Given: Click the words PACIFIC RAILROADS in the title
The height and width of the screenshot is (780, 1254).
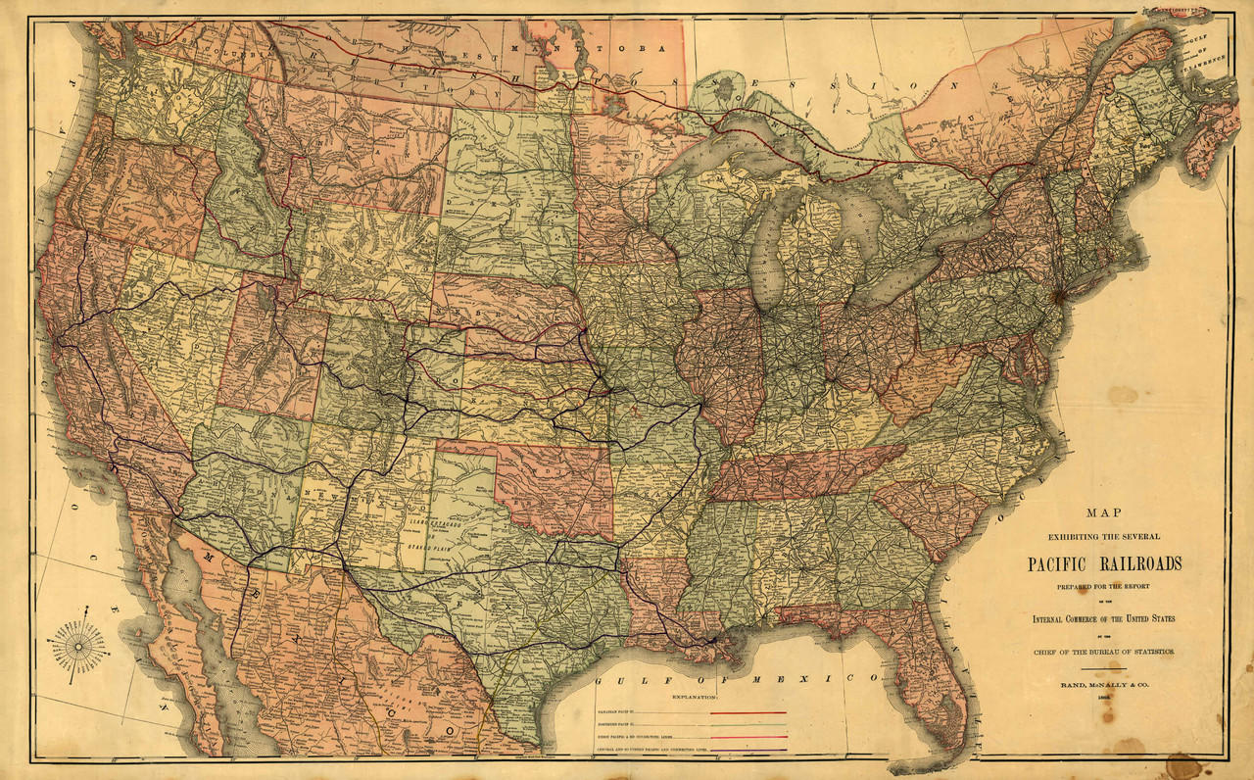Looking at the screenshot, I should (1104, 563).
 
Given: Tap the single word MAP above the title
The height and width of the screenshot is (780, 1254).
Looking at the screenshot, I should (1104, 512).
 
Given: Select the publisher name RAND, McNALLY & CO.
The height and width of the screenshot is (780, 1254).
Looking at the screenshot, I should (1104, 685).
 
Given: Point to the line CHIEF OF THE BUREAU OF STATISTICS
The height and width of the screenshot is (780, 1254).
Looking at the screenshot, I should (1104, 652).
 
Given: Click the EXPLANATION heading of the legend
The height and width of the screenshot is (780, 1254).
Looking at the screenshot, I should (695, 697).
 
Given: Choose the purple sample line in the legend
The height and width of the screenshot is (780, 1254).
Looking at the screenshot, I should (748, 749).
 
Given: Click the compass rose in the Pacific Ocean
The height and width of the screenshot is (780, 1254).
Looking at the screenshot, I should (79, 649).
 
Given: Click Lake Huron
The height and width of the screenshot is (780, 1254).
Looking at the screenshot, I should (862, 211).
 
